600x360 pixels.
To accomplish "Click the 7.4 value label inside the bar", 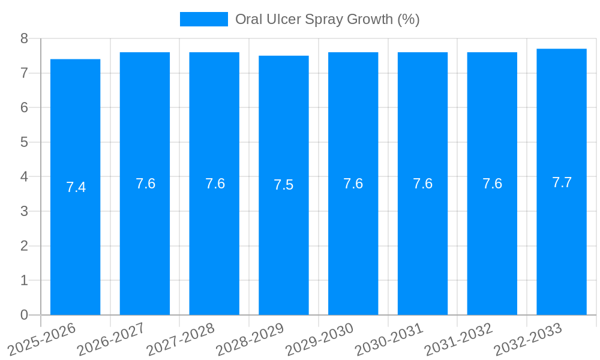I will click(76, 187).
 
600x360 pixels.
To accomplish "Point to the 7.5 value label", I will click(284, 185).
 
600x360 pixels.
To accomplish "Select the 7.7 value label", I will click(562, 183).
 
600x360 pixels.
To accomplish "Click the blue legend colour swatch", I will click(204, 19).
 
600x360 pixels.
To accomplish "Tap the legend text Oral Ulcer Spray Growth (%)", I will click(327, 19).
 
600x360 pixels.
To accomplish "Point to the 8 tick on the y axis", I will click(25, 38).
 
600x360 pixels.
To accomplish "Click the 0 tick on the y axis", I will click(25, 315).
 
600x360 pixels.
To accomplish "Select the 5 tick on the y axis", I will click(25, 142).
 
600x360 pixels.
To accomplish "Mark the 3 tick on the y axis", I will click(25, 211).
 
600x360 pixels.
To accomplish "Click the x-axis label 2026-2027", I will click(111, 339).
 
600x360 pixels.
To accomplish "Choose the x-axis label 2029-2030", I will click(319, 339).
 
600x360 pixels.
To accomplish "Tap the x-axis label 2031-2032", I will click(458, 339).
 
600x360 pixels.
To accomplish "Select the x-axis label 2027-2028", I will click(181, 339).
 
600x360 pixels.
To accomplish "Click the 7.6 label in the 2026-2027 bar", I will click(145, 184).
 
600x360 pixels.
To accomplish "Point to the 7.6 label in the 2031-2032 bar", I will click(492, 184).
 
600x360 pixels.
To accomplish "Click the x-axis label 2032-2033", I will click(528, 339).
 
